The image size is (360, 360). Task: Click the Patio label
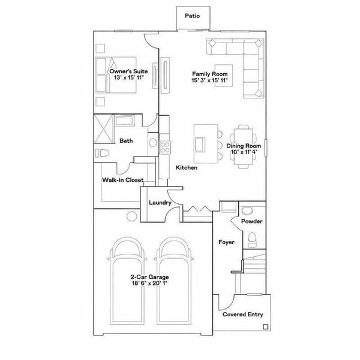tap(192, 16)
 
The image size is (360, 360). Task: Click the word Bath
tap(126, 142)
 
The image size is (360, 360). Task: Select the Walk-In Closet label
tap(122, 179)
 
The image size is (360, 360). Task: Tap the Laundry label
tap(160, 203)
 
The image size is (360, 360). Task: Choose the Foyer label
tap(227, 243)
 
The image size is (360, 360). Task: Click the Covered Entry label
tap(242, 314)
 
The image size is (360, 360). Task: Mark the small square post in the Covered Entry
tap(265, 327)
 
